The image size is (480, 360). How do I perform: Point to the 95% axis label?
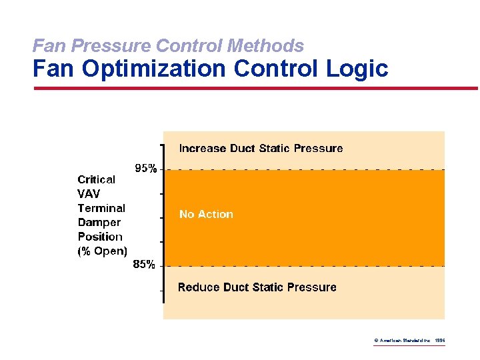click(x=146, y=169)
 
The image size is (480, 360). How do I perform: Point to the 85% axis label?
click(x=144, y=265)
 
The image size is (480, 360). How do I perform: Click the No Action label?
click(x=206, y=214)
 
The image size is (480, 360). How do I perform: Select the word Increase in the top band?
click(x=203, y=148)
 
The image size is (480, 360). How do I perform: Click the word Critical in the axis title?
click(x=96, y=179)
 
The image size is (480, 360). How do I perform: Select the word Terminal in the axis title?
click(x=101, y=208)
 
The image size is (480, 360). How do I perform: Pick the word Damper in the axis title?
click(x=99, y=222)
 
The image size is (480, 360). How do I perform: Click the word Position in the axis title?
click(x=100, y=237)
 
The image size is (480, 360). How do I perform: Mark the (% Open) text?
click(x=102, y=251)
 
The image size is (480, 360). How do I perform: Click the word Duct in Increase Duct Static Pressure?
click(x=244, y=148)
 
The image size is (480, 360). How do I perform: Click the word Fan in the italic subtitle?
click(x=46, y=45)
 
